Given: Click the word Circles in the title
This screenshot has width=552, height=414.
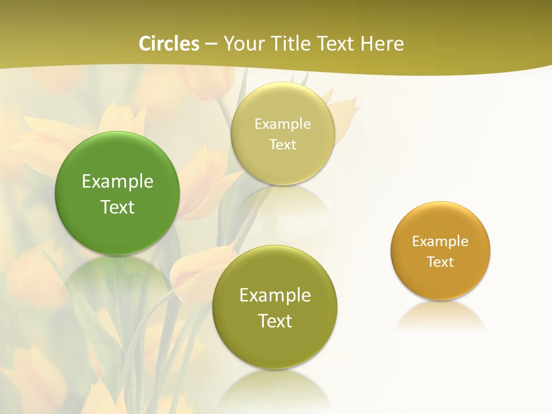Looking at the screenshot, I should pos(168,44).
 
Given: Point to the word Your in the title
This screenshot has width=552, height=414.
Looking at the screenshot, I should pos(241,44).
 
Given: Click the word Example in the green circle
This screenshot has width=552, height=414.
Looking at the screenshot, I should pos(117,182).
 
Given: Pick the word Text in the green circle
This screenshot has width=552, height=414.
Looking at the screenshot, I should pos(117,207).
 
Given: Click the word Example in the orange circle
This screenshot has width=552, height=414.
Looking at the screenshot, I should pos(440,241).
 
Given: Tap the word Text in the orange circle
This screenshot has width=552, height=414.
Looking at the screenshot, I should pos(440,262).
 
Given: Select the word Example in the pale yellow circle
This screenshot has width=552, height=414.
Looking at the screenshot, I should pos(282,124).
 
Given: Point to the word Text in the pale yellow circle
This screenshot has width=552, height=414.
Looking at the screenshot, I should pos(282,145).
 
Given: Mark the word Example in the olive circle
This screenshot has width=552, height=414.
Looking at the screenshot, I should pos(275,296).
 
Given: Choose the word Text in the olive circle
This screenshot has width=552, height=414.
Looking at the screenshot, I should pos(275,321).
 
